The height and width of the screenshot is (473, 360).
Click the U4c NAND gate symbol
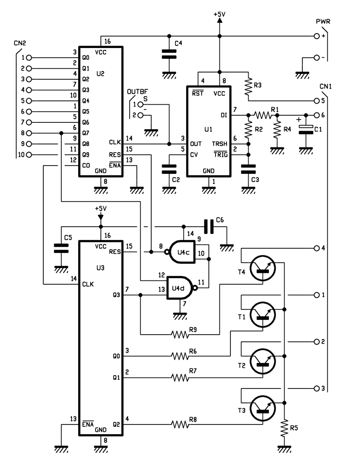point(181,251)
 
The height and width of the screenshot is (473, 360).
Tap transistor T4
point(263,267)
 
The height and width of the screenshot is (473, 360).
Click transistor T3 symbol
point(263,408)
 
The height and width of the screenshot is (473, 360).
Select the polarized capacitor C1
point(303,129)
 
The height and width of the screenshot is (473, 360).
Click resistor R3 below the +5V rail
point(248,87)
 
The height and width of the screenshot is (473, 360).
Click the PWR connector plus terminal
point(316,36)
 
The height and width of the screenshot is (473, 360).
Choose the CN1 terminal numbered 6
point(316,115)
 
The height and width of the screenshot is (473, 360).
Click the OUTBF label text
point(136,92)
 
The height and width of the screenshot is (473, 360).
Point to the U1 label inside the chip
point(208,130)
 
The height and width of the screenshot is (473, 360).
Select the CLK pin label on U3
point(87,284)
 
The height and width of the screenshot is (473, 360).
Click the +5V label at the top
point(219,14)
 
